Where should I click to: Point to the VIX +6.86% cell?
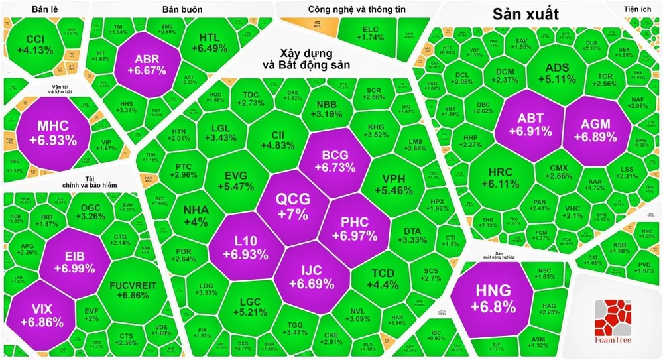pos(42,314)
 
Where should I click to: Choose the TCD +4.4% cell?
pos(385,279)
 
